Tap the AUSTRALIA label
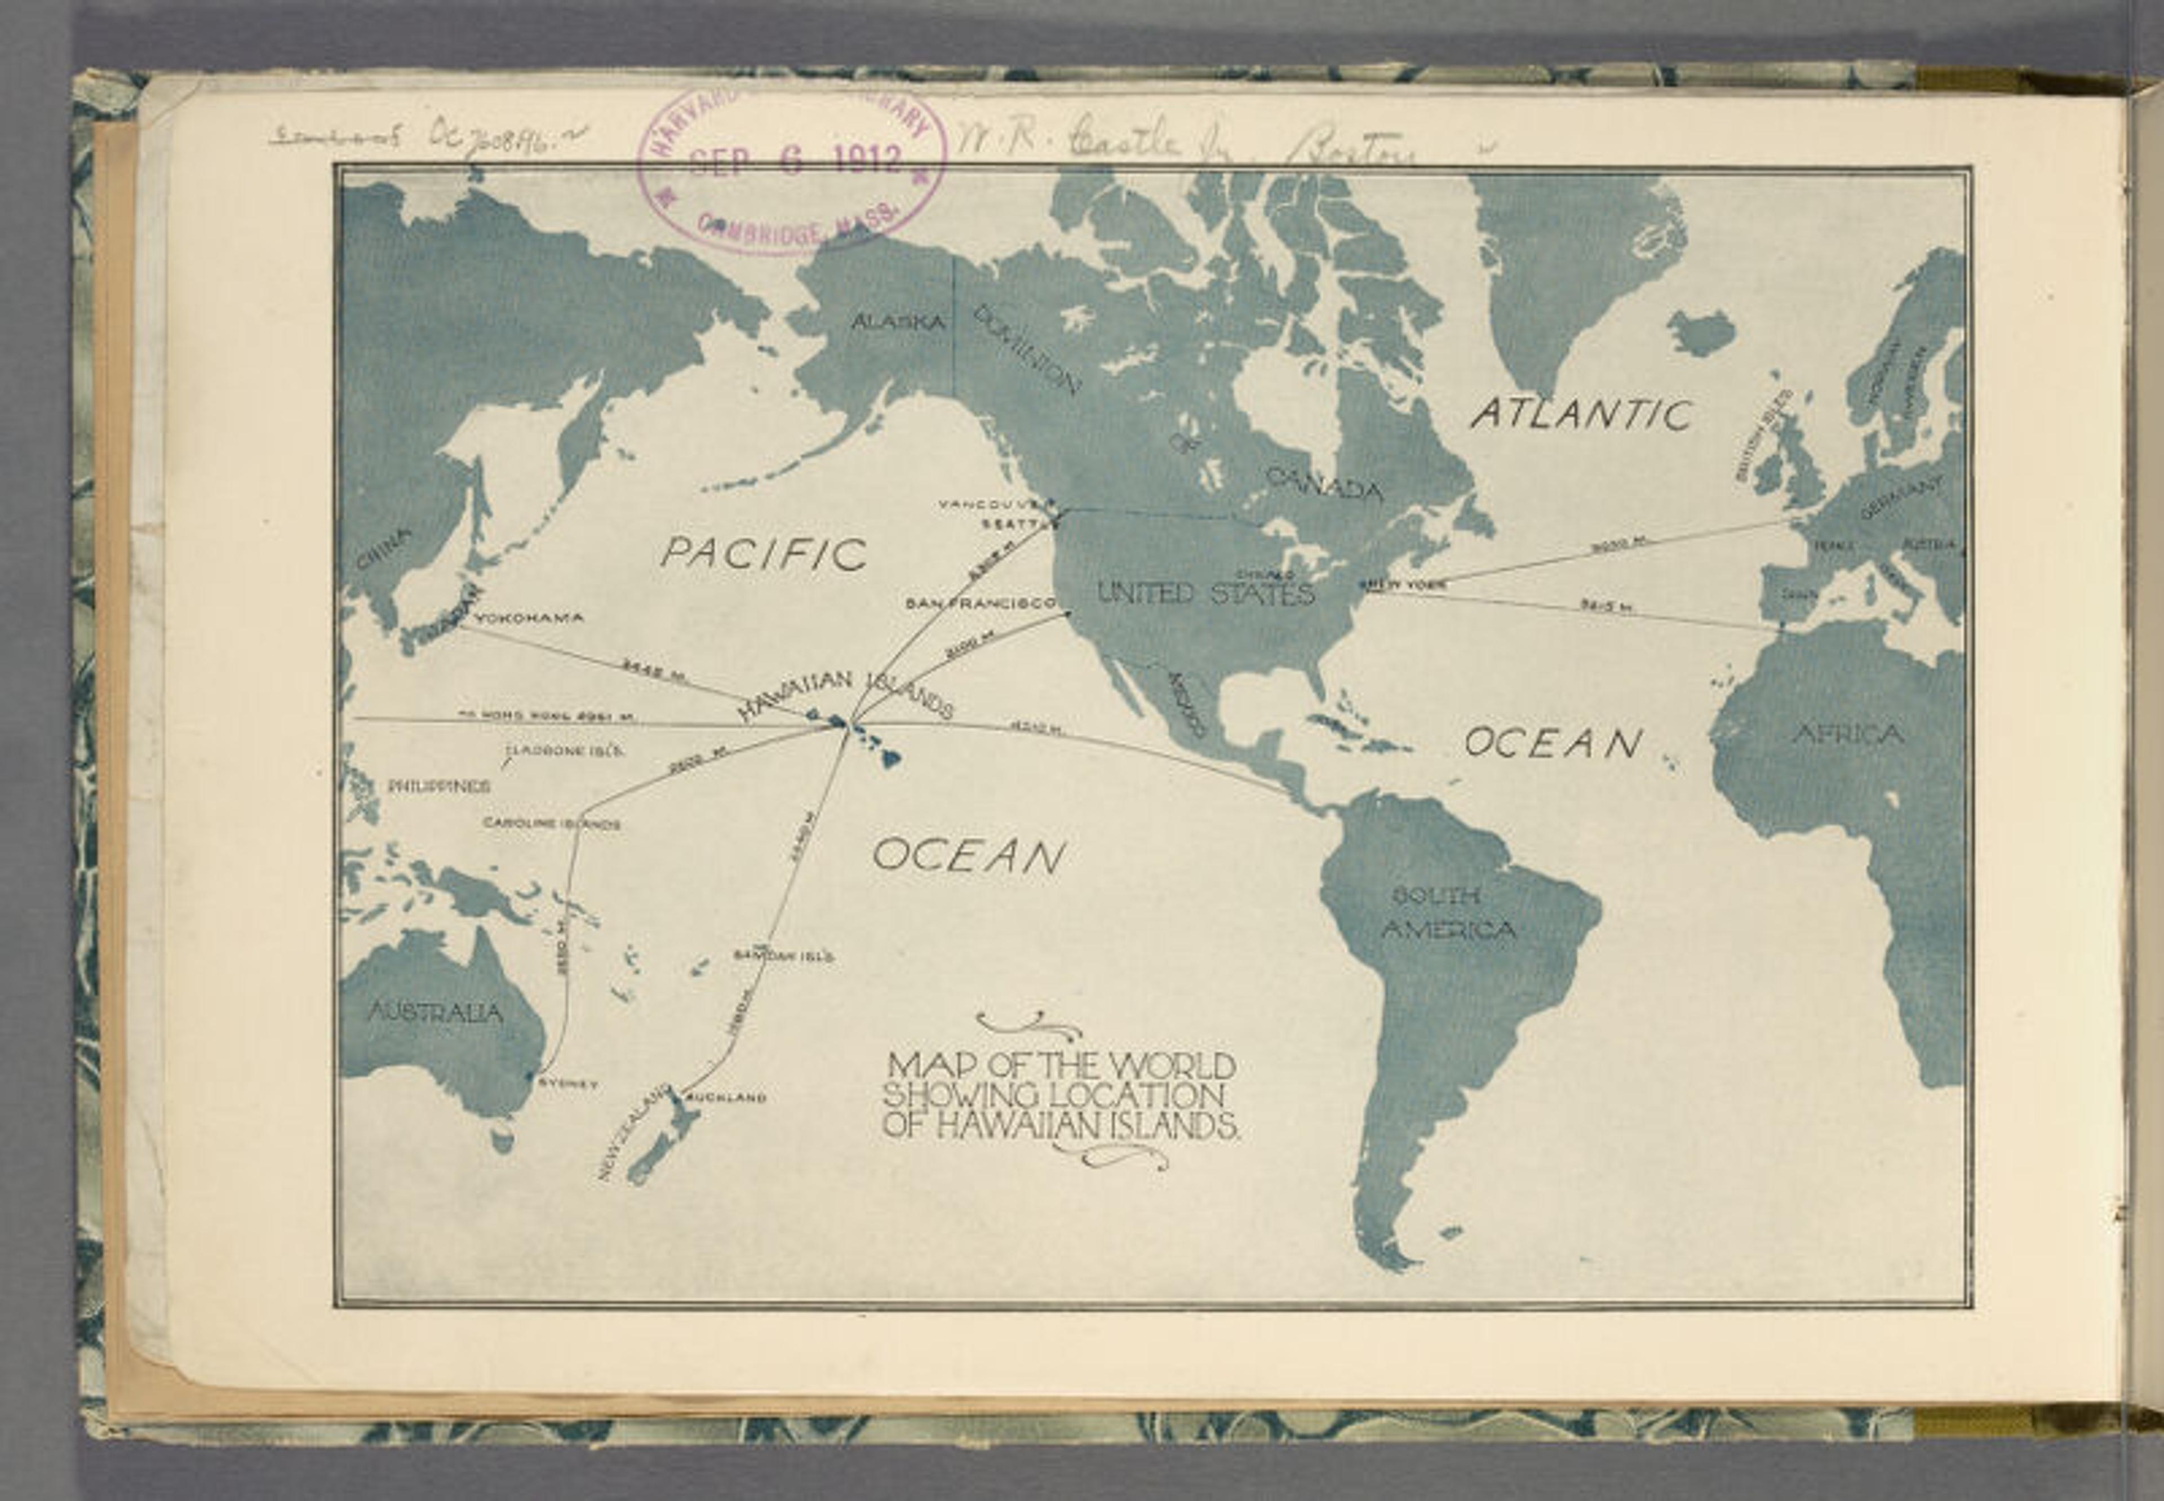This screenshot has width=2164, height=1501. tap(434, 1013)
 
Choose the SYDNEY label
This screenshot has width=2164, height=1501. tap(567, 1083)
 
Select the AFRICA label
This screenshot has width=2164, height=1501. tap(1848, 735)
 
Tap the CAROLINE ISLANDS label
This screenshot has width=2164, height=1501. tap(552, 824)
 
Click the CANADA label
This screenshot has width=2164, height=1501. tap(1323, 485)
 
